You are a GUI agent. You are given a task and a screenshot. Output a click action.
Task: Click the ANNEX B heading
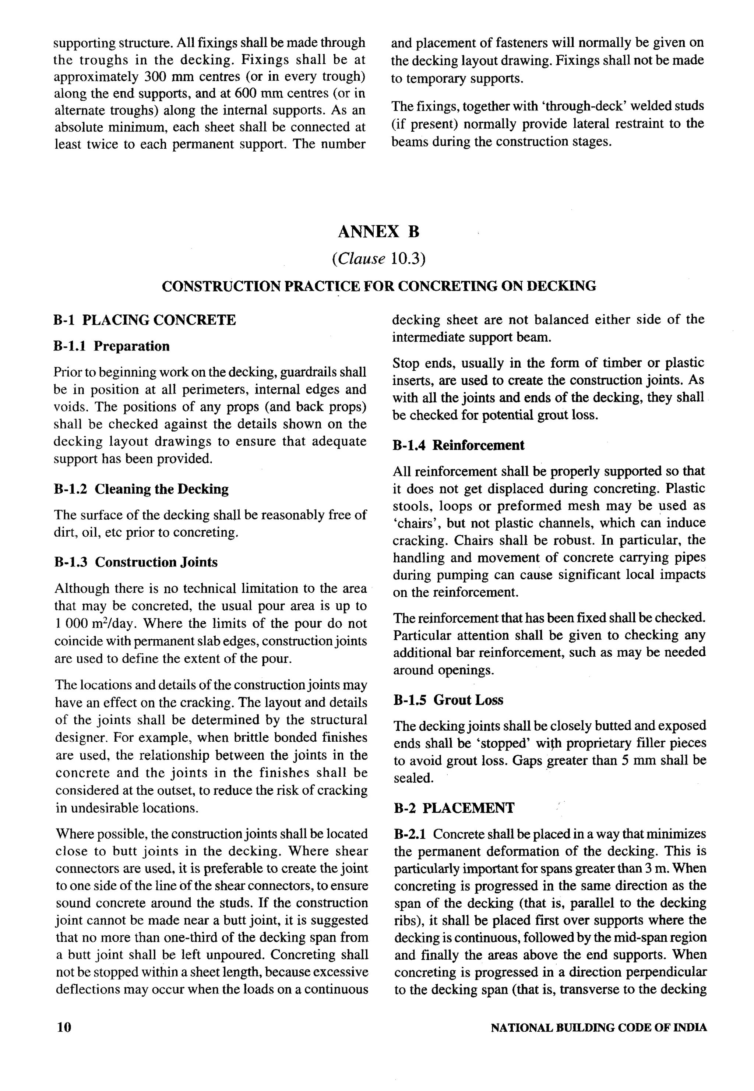tap(378, 232)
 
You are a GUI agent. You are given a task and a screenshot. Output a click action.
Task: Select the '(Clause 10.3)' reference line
tap(378, 259)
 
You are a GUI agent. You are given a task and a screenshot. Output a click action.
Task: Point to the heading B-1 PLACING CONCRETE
tap(145, 320)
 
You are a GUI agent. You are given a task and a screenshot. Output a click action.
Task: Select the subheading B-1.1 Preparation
tap(112, 346)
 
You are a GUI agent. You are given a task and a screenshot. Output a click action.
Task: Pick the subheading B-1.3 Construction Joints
tap(137, 562)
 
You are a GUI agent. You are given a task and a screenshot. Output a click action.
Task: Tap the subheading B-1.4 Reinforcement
tap(458, 445)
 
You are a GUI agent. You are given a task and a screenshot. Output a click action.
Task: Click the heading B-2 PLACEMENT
tap(454, 808)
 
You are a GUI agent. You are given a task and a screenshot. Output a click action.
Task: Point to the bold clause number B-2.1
tap(410, 834)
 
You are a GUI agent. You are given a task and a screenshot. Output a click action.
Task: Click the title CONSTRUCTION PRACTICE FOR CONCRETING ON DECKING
tap(378, 286)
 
